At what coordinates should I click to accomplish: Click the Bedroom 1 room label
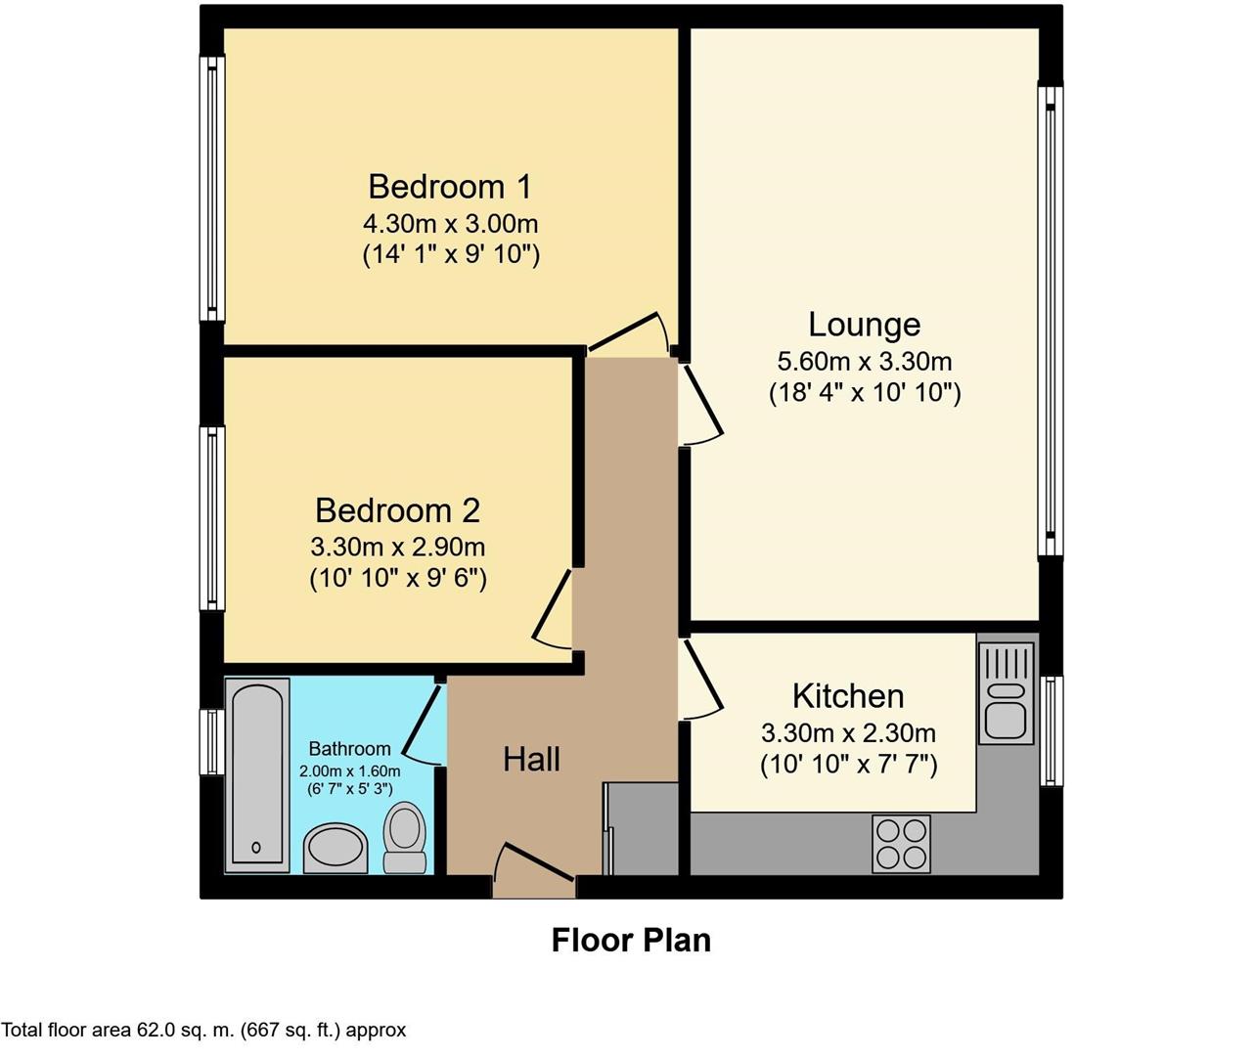coord(450,186)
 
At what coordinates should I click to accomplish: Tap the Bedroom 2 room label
coord(397,510)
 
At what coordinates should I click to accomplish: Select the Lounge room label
coord(864,325)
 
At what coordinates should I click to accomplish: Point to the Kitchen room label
coord(848,696)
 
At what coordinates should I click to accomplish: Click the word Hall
coord(531,759)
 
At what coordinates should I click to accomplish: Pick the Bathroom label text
coord(349,749)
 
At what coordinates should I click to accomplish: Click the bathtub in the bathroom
coord(257,774)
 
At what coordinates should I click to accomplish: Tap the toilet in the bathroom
coord(404,836)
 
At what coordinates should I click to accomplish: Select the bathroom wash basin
coord(335,847)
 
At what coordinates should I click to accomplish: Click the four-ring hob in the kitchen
coord(901,843)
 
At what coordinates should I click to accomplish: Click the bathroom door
coord(423,725)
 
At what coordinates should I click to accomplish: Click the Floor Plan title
coord(631,940)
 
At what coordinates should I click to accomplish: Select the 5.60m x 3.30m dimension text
coord(864,362)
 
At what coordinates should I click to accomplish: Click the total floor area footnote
coord(203,1030)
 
